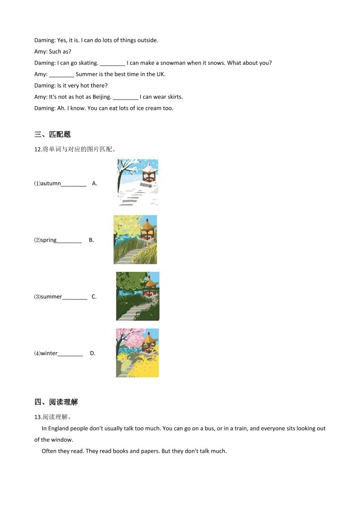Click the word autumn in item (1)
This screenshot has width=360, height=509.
(x=51, y=183)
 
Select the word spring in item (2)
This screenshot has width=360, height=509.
(x=49, y=240)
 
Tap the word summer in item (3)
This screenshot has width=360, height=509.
(x=51, y=297)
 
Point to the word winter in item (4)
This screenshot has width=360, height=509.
(x=49, y=353)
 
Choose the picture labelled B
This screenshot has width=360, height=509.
(x=135, y=240)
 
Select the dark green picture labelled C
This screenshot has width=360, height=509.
(x=138, y=296)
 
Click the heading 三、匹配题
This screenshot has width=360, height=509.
(x=53, y=134)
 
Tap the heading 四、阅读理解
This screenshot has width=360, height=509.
(x=56, y=402)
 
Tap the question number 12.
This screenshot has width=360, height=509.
(x=38, y=149)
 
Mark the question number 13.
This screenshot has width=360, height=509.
(x=38, y=417)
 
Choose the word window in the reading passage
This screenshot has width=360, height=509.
(x=63, y=440)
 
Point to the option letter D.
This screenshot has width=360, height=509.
(x=93, y=353)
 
